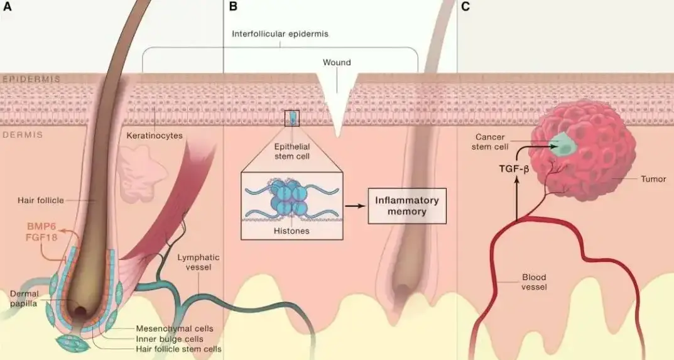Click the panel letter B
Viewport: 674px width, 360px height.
tap(233, 7)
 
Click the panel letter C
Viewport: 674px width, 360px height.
tap(465, 7)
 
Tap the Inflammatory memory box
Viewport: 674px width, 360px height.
tap(406, 206)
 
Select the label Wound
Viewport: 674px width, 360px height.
tap(337, 63)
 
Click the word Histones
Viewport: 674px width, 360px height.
tap(291, 231)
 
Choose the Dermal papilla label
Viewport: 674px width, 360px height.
tap(26, 298)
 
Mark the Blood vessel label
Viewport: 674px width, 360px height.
tap(535, 281)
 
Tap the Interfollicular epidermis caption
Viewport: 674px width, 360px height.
tap(280, 34)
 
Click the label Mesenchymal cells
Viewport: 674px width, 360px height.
tap(175, 329)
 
